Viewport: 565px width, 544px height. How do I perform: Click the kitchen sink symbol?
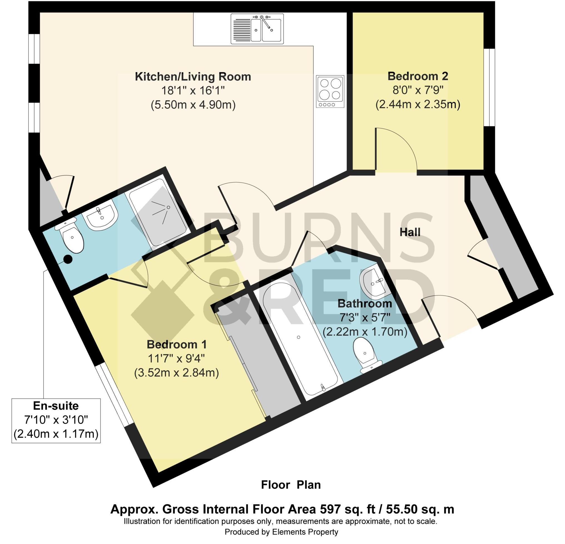point(257,29)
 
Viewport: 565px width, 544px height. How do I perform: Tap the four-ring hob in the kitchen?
point(330,91)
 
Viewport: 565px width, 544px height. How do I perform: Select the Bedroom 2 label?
point(418,76)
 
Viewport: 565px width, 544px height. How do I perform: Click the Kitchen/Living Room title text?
point(193,77)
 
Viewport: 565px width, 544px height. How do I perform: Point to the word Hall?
point(410,232)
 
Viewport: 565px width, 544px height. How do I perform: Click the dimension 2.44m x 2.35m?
point(418,104)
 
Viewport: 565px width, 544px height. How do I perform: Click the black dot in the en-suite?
point(68,259)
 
